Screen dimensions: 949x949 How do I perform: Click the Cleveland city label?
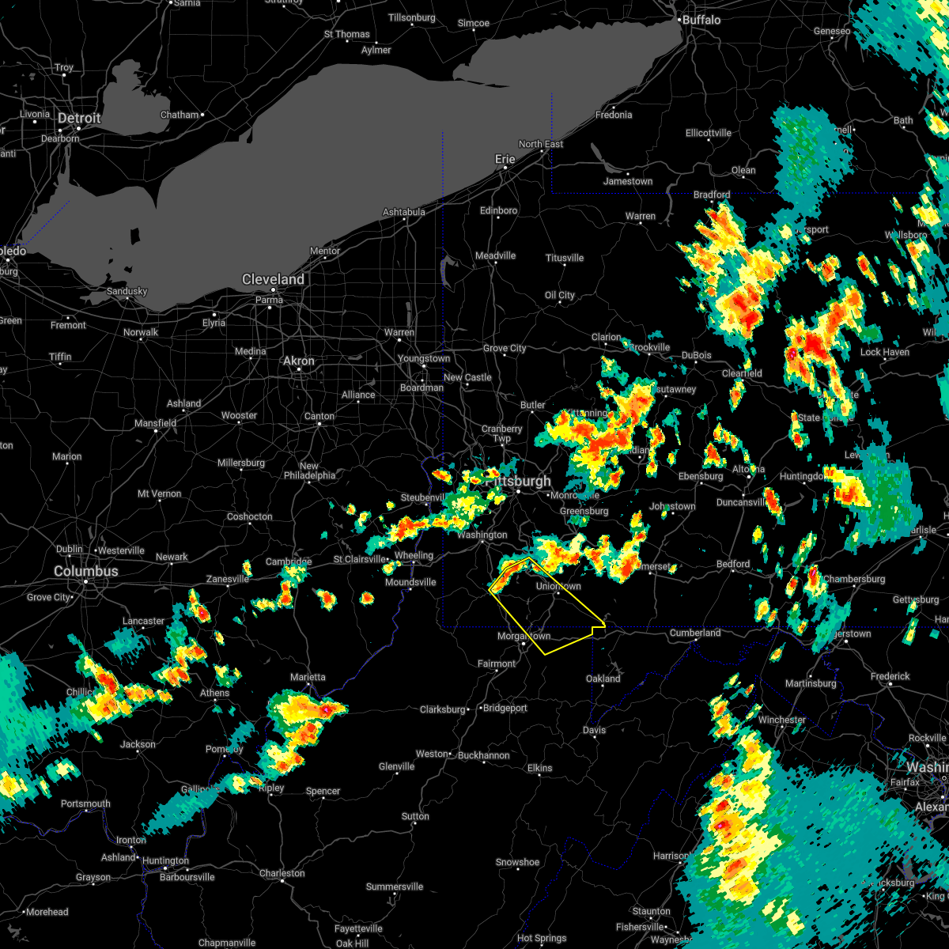(x=273, y=280)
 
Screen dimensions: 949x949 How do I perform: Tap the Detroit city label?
(x=79, y=119)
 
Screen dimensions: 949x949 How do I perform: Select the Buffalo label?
(x=701, y=20)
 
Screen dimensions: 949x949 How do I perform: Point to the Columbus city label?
(x=86, y=571)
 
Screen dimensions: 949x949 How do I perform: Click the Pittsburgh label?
(x=519, y=482)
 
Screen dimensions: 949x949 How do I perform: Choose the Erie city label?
(x=505, y=159)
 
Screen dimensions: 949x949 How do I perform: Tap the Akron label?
(x=299, y=361)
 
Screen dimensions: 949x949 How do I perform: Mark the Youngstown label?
(x=424, y=358)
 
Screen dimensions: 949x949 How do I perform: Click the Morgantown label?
(x=524, y=636)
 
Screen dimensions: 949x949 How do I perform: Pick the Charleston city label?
(x=282, y=873)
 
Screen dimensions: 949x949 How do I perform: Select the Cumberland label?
(x=695, y=633)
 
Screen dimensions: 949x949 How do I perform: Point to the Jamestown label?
(x=628, y=181)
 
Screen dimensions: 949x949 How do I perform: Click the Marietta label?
(x=308, y=677)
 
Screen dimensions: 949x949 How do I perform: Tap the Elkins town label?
(x=540, y=768)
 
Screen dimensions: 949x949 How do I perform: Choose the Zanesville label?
(x=228, y=579)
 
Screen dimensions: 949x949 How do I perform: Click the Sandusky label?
(x=127, y=291)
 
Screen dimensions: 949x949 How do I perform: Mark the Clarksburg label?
(x=443, y=709)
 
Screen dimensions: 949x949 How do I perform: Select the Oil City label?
(x=560, y=295)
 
